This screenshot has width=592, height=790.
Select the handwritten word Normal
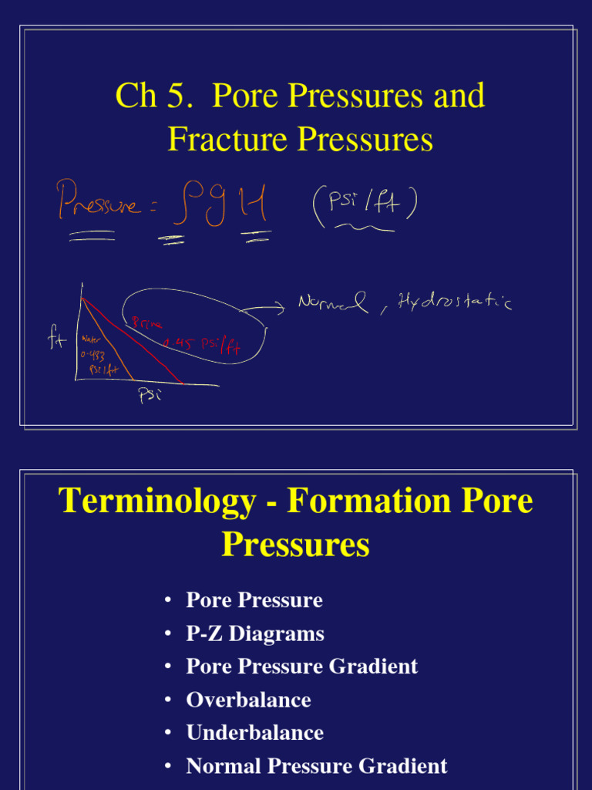pyautogui.click(x=332, y=302)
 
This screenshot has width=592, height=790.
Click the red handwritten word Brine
pyautogui.click(x=146, y=324)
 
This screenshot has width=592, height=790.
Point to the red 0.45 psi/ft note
pyautogui.click(x=202, y=344)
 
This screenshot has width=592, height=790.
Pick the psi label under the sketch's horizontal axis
pyautogui.click(x=149, y=397)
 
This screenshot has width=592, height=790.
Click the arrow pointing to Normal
pyautogui.click(x=264, y=310)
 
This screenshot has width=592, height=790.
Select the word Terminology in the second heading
pyautogui.click(x=157, y=501)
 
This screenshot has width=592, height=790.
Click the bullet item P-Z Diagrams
pyautogui.click(x=254, y=633)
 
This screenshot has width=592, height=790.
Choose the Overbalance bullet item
pyautogui.click(x=248, y=700)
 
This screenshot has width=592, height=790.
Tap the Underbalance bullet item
pyautogui.click(x=254, y=733)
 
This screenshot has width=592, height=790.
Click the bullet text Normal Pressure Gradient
pyautogui.click(x=316, y=766)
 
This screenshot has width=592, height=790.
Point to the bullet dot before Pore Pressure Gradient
pyautogui.click(x=168, y=667)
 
